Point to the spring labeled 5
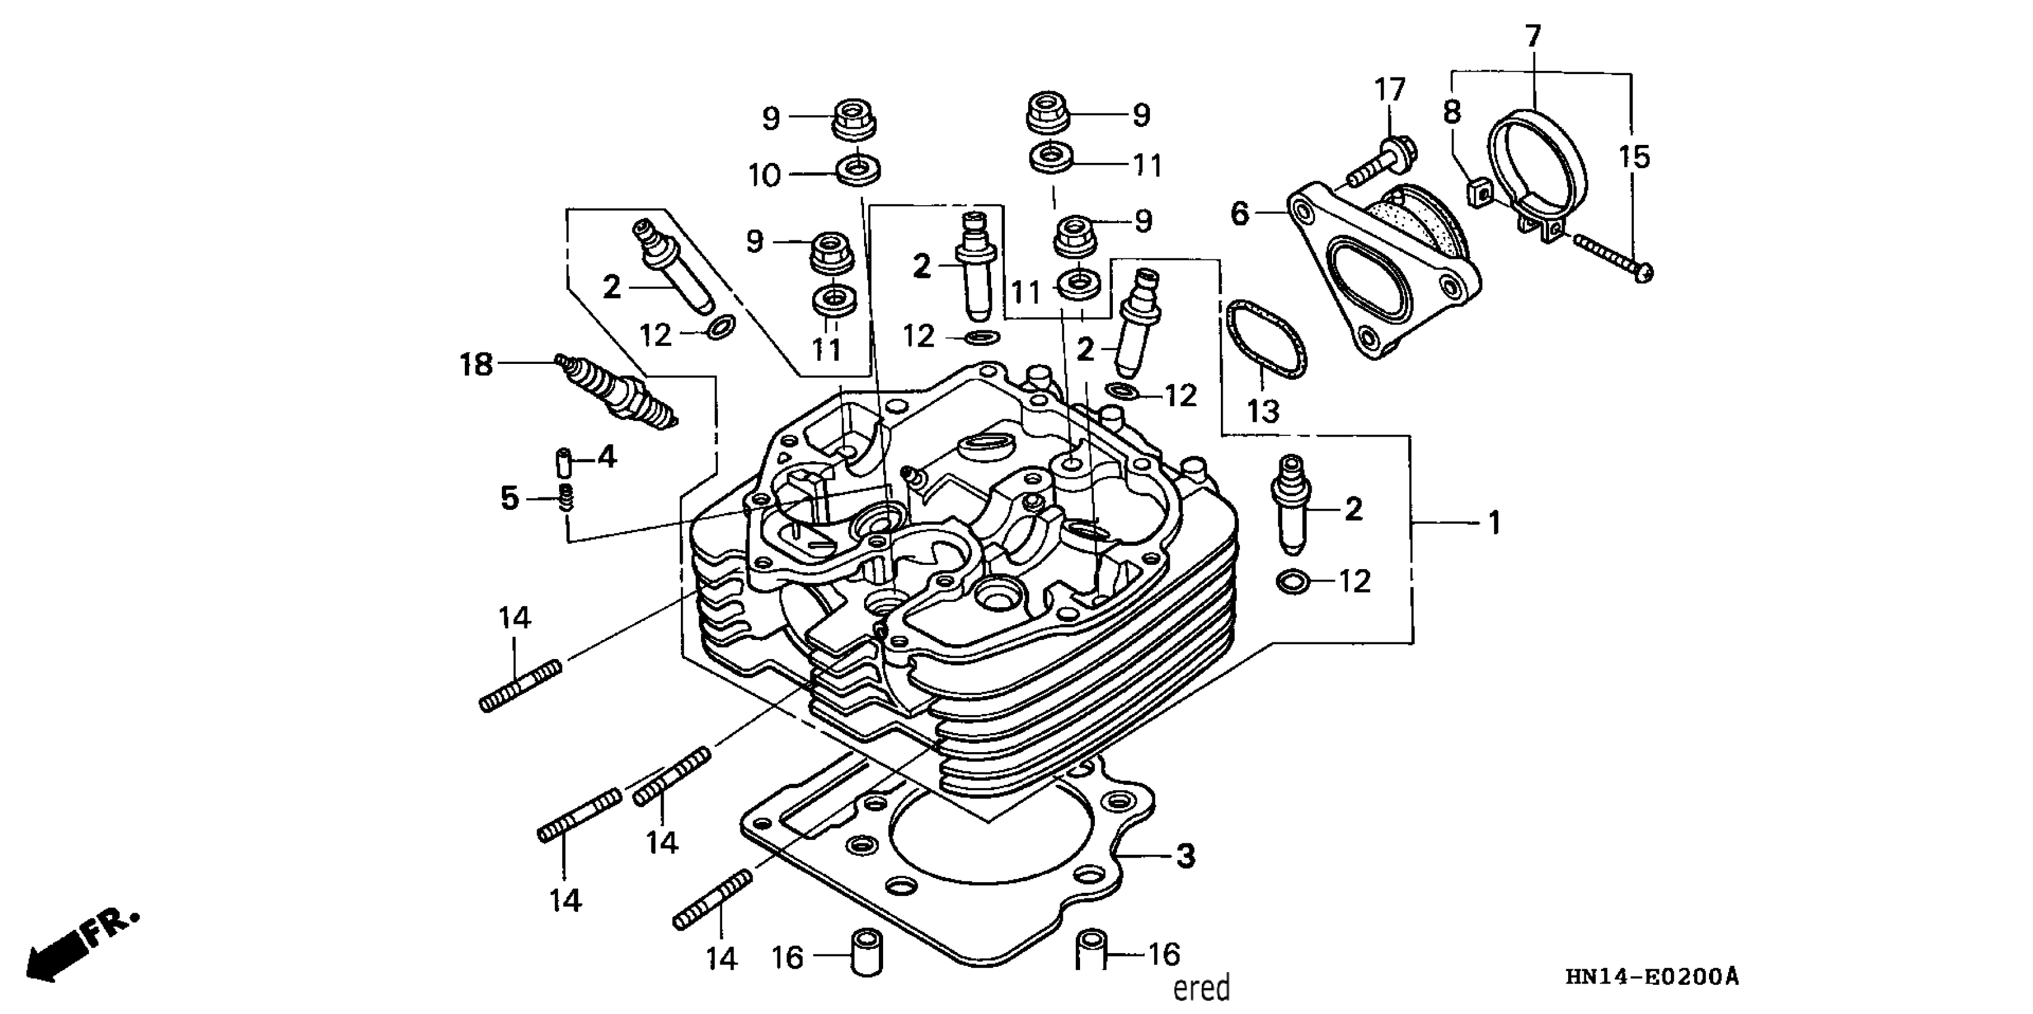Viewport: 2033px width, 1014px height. pos(566,499)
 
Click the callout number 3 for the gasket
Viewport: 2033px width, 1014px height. pos(1186,855)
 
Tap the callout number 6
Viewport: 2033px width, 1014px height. pos(1241,213)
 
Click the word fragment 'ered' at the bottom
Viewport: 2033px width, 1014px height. pos(1201,988)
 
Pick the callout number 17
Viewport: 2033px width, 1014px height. pos(1390,89)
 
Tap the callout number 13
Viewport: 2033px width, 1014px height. pos(1263,410)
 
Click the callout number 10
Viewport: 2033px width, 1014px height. pos(764,175)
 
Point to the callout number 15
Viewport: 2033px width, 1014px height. pos(1634,157)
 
